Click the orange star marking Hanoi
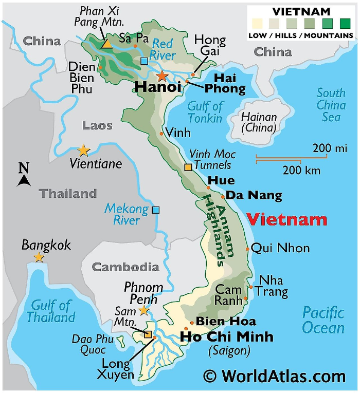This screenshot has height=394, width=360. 162,77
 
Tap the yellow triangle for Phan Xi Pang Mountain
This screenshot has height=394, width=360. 106,44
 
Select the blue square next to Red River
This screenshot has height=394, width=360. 144,62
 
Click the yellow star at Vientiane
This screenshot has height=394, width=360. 83,151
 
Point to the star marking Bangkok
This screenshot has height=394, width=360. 39,257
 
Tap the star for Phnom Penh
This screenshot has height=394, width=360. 144,310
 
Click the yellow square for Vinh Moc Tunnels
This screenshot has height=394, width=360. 188,167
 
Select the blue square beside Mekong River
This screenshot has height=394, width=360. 156,210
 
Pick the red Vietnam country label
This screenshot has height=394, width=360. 286,219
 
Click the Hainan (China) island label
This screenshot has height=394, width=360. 259,122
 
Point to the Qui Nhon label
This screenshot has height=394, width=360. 280,248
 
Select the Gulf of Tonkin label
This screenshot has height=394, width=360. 205,112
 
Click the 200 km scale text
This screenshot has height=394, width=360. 301,170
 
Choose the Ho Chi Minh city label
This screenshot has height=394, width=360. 226,337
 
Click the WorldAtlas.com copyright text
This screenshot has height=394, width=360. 274,377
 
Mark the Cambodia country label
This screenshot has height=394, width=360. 125,267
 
